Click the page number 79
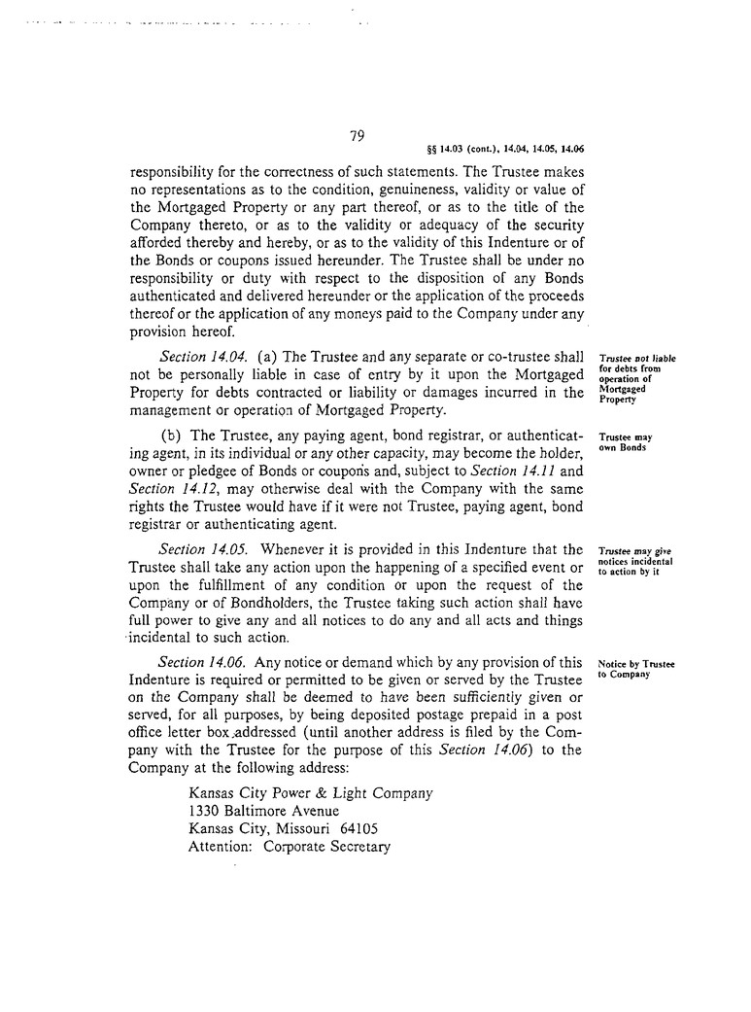(x=357, y=137)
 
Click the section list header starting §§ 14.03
(x=505, y=150)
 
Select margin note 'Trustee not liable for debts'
(x=636, y=378)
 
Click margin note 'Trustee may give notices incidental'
(x=636, y=560)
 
